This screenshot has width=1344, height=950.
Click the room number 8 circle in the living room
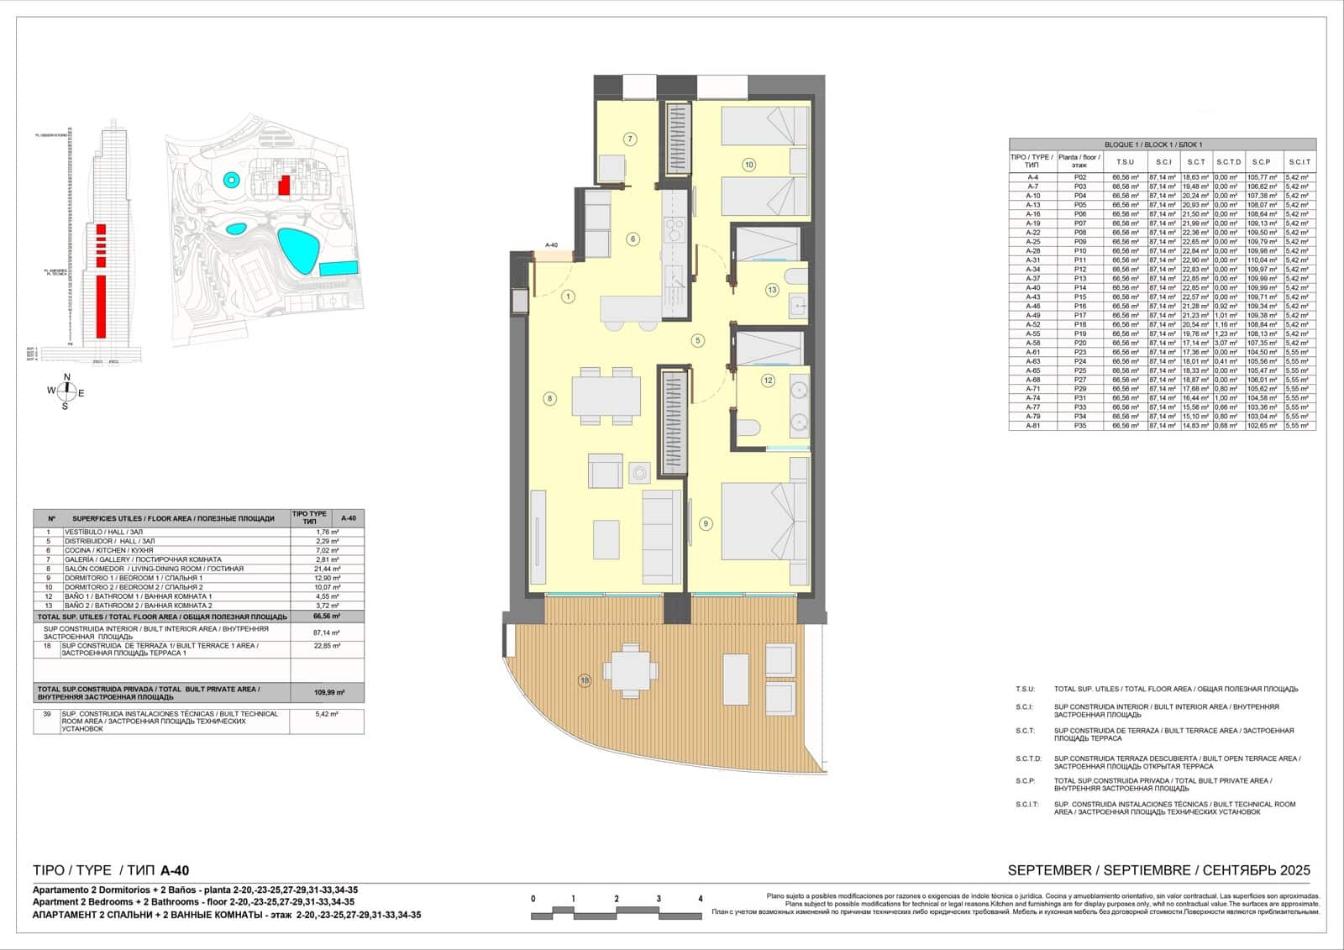click(550, 398)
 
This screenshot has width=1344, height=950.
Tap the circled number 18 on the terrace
click(585, 680)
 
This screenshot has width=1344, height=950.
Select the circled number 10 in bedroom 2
click(748, 165)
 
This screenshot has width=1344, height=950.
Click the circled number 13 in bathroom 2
click(772, 290)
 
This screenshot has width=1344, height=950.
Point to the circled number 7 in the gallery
click(630, 139)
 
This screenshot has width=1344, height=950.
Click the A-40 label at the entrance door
click(551, 245)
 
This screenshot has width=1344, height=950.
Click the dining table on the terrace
click(635, 669)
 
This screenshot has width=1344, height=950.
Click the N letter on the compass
click(67, 377)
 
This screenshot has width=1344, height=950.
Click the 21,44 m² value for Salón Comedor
click(328, 569)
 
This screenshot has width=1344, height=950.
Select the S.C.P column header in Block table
click(1261, 162)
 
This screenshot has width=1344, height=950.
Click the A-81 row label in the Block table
click(1032, 426)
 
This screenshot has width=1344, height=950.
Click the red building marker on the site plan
click(285, 185)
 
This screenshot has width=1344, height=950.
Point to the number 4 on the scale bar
click(701, 899)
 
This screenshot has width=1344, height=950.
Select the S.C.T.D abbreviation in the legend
click(1028, 758)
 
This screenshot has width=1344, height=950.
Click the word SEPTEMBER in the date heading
click(1047, 870)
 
